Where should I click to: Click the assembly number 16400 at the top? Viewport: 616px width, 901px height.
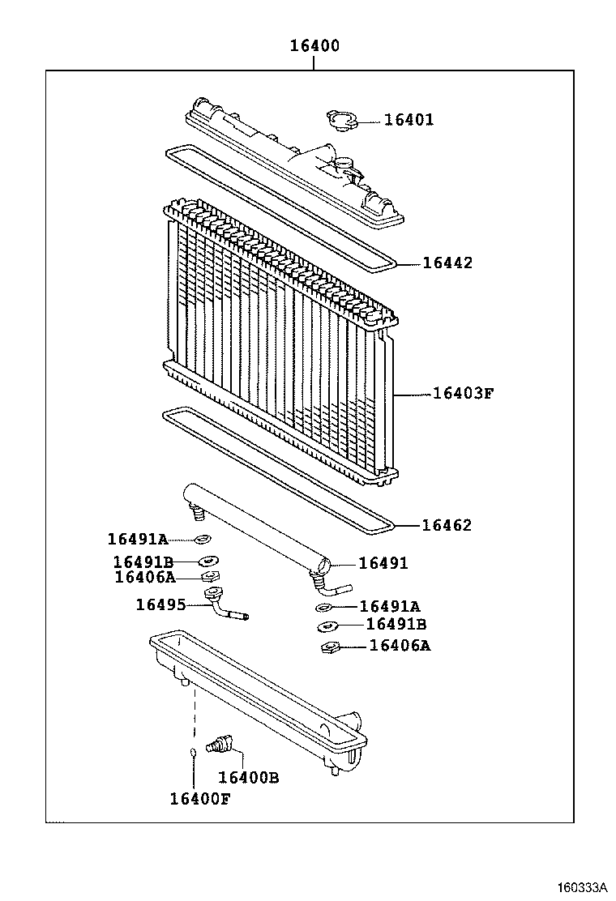pyautogui.click(x=314, y=46)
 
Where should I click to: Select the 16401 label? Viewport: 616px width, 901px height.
pyautogui.click(x=409, y=120)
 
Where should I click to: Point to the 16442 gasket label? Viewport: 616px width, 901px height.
pyautogui.click(x=447, y=263)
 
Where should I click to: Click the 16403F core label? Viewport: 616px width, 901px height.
pyautogui.click(x=463, y=394)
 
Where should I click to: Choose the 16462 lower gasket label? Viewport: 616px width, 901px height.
pyautogui.click(x=447, y=525)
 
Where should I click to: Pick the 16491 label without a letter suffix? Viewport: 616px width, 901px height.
pyautogui.click(x=383, y=563)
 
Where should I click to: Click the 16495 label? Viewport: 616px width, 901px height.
pyautogui.click(x=160, y=604)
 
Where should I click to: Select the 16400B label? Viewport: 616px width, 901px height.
pyautogui.click(x=249, y=777)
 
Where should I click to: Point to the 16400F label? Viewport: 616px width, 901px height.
pyautogui.click(x=200, y=798)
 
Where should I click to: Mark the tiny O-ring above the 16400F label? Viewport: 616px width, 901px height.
pyautogui.click(x=193, y=752)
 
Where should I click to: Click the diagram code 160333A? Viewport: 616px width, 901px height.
pyautogui.click(x=581, y=886)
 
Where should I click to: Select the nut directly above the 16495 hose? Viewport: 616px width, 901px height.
pyautogui.click(x=210, y=577)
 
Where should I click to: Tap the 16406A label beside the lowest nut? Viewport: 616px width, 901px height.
pyautogui.click(x=400, y=646)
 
